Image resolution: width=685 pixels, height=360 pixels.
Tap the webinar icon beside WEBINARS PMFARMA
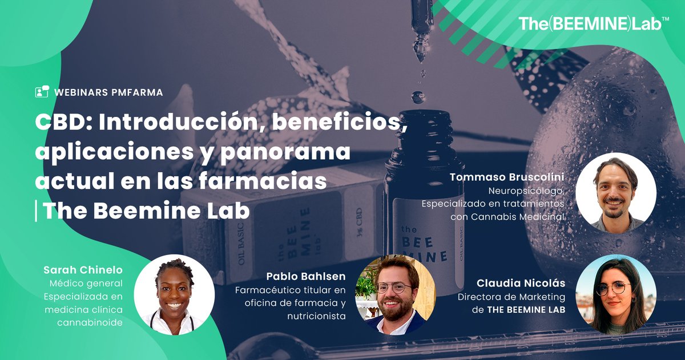click(x=42, y=92)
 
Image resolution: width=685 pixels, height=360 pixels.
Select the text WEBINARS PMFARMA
click(x=108, y=92)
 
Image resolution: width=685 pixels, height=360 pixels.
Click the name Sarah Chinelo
click(x=83, y=270)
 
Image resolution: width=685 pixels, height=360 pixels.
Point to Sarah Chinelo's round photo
click(x=174, y=294)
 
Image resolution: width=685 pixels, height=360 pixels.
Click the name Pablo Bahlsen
click(x=306, y=277)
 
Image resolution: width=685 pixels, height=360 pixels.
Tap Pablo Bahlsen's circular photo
click(x=396, y=294)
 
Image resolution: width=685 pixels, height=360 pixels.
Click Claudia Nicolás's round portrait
click(x=615, y=294)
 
